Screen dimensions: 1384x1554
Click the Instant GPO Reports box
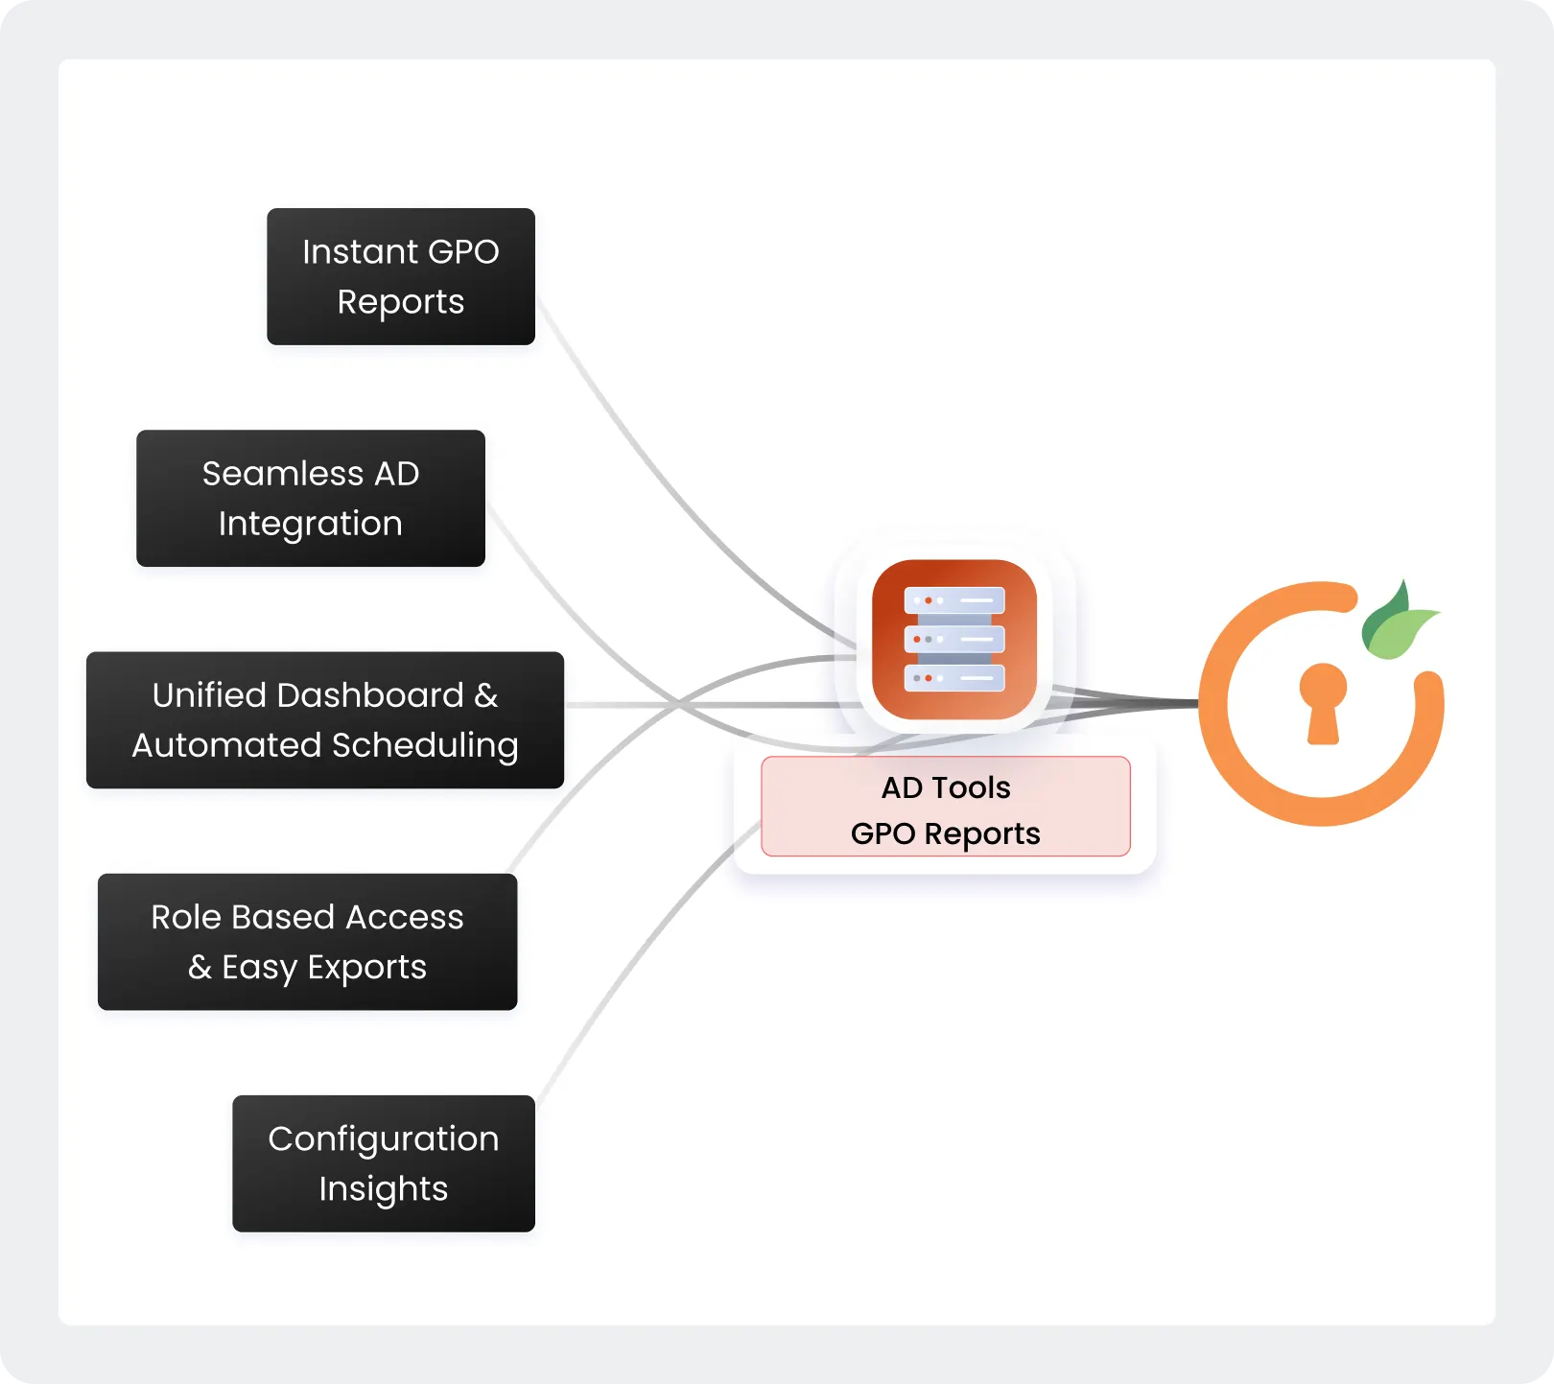(400, 276)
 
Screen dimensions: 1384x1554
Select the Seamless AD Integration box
(310, 498)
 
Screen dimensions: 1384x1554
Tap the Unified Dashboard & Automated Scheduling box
(324, 719)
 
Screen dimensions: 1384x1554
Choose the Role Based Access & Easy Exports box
(307, 941)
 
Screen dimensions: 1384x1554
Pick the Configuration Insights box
(383, 1162)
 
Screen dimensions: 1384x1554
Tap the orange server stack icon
(954, 639)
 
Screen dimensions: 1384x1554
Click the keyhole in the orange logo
(1323, 700)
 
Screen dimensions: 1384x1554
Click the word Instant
(360, 251)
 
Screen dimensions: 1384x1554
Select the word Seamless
(282, 474)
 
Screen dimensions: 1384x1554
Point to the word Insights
(383, 1189)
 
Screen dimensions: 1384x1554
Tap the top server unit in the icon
(954, 600)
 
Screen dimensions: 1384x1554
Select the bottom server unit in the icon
(954, 678)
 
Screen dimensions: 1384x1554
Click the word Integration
(310, 524)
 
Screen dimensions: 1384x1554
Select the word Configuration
(383, 1138)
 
